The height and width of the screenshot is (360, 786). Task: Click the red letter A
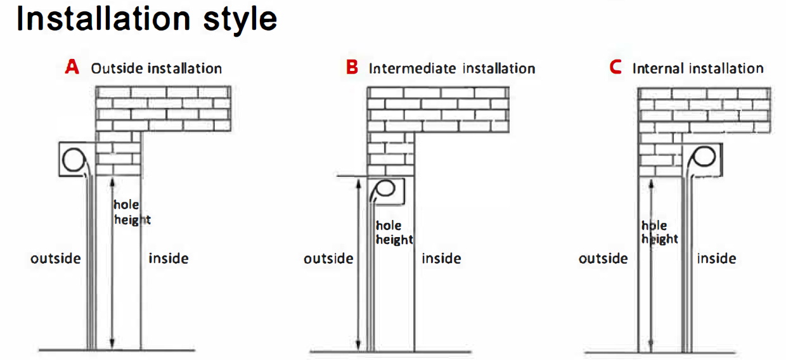pyautogui.click(x=72, y=67)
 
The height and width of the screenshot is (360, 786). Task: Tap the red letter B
pyautogui.click(x=352, y=67)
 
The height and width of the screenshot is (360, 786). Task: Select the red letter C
pyautogui.click(x=615, y=67)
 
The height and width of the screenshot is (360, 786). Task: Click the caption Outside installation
pyautogui.click(x=157, y=68)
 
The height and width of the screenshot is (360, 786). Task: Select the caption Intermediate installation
pyautogui.click(x=452, y=68)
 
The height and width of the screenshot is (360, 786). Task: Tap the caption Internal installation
pyautogui.click(x=698, y=68)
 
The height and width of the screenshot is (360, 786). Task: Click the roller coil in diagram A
pyautogui.click(x=74, y=159)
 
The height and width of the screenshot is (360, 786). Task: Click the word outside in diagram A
pyautogui.click(x=56, y=259)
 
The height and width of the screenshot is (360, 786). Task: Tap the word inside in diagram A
pyautogui.click(x=169, y=259)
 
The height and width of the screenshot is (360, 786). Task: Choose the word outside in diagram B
pyautogui.click(x=328, y=259)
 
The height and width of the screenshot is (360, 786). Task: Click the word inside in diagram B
pyautogui.click(x=442, y=259)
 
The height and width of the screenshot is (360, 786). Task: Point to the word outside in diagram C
pyautogui.click(x=603, y=259)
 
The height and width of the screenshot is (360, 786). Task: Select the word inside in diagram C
pyautogui.click(x=717, y=259)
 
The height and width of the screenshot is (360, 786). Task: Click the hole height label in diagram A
pyautogui.click(x=131, y=212)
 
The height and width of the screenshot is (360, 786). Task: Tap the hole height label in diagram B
pyautogui.click(x=394, y=233)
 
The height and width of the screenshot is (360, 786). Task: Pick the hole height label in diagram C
pyautogui.click(x=659, y=232)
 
